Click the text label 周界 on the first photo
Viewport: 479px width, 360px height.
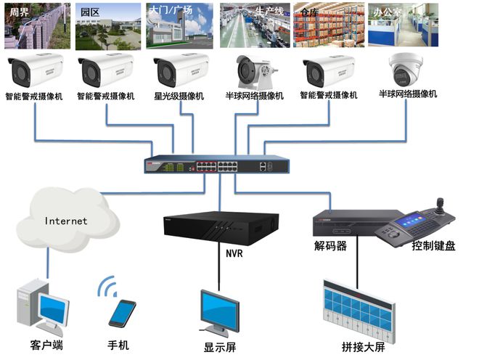pos(18,12)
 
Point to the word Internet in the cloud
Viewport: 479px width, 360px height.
pos(65,221)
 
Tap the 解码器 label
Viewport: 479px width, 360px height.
pos(330,246)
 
